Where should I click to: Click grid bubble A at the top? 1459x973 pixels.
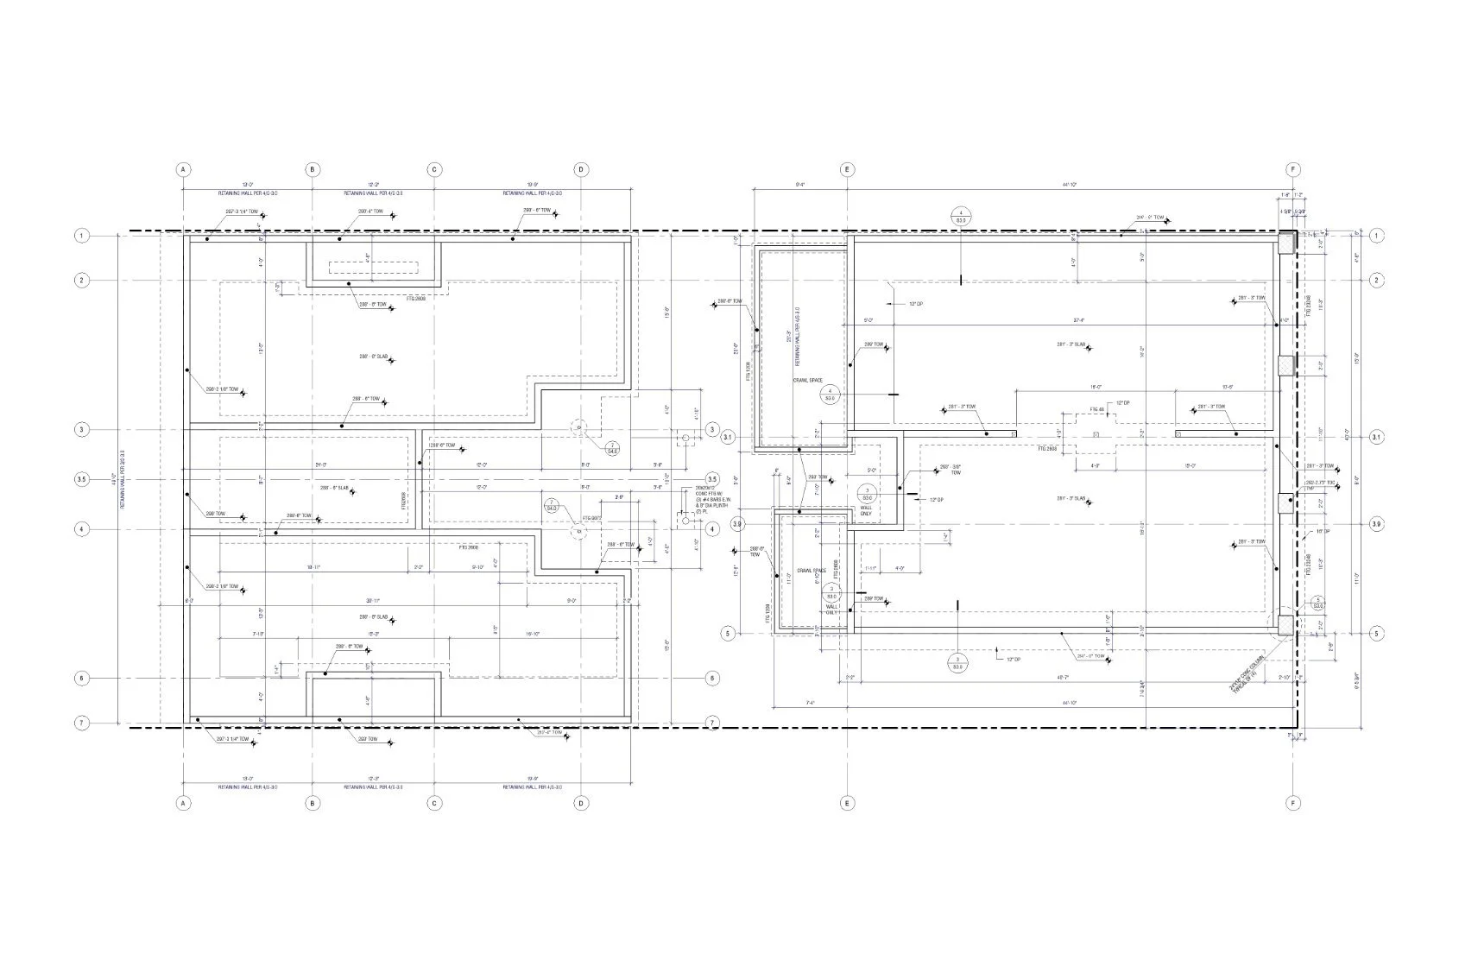pyautogui.click(x=183, y=169)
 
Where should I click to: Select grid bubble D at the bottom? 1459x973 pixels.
pyautogui.click(x=581, y=803)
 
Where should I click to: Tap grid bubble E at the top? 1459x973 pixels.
pyautogui.click(x=848, y=169)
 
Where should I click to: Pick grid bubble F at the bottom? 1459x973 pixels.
pyautogui.click(x=1292, y=803)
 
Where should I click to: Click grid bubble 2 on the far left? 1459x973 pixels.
pyautogui.click(x=83, y=281)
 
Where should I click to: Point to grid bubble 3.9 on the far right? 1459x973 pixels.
pyautogui.click(x=1376, y=524)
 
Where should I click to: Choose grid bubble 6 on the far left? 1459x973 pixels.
pyautogui.click(x=83, y=679)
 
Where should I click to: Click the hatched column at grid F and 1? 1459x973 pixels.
pyautogui.click(x=1286, y=243)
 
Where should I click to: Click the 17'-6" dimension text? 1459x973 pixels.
pyautogui.click(x=1227, y=387)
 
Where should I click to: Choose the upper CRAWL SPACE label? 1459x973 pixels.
pyautogui.click(x=808, y=379)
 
